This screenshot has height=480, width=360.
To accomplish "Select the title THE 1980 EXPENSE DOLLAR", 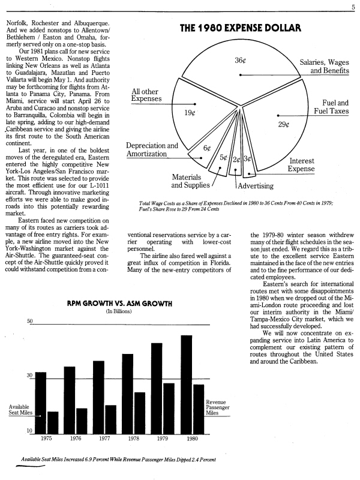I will coord(240,28).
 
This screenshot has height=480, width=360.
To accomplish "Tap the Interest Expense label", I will coord(301,165).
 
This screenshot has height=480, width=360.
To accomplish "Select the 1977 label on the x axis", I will coord(104,439).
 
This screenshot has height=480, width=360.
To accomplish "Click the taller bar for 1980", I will coord(186,384).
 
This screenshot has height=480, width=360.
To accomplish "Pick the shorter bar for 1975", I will coord(53,422).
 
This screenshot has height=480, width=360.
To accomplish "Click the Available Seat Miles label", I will coord(20,410).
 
